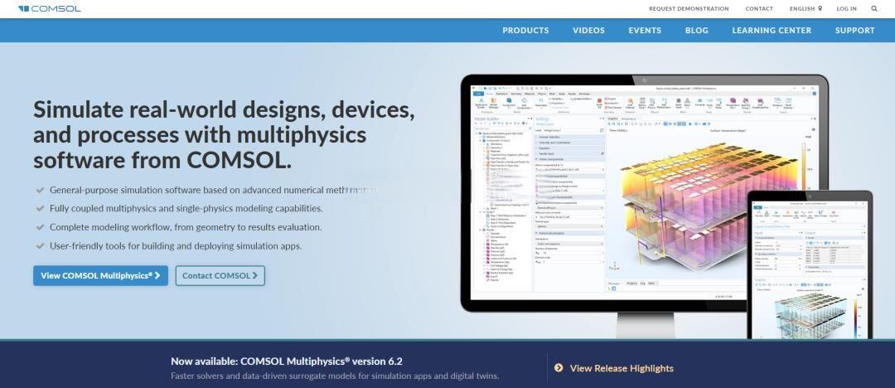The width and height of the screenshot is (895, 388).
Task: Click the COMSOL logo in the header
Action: click(x=50, y=8)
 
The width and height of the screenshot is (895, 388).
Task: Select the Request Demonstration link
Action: click(x=689, y=9)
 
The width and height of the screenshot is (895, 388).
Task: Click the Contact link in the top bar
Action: click(x=759, y=9)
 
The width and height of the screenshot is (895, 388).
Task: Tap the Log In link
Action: click(x=846, y=9)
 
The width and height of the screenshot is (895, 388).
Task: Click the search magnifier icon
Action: click(x=874, y=9)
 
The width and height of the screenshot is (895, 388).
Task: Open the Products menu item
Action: click(x=525, y=31)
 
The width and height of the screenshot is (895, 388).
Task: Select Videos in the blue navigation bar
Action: click(x=588, y=31)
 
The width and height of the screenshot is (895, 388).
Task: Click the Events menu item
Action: click(x=645, y=31)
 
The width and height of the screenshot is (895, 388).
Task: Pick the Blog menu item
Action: click(x=697, y=31)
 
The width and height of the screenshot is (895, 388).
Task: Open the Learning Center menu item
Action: click(x=772, y=31)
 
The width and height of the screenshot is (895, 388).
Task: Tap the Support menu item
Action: click(x=854, y=31)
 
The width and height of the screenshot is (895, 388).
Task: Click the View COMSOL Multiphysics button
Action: click(x=100, y=275)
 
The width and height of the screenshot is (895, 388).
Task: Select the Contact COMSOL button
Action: click(x=220, y=275)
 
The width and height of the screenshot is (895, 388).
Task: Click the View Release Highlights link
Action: click(x=622, y=368)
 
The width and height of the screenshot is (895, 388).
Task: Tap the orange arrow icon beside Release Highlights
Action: click(x=559, y=368)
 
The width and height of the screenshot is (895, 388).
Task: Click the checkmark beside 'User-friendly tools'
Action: click(x=40, y=245)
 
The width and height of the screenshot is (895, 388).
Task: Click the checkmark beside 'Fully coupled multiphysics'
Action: click(x=40, y=208)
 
